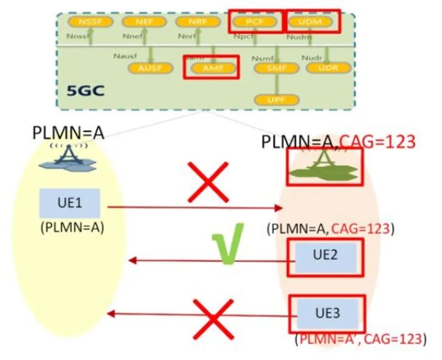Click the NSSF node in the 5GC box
tap(90, 22)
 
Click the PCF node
tap(255, 22)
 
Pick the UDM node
tap(311, 22)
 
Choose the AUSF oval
tap(150, 68)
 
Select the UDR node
tap(328, 68)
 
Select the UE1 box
tap(70, 203)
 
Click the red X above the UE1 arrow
tap(208, 182)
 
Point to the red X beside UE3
tap(212, 318)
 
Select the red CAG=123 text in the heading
tap(377, 142)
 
